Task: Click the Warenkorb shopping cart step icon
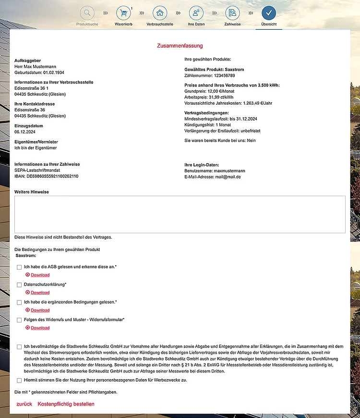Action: (123, 12)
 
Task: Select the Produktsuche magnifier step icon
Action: (87, 12)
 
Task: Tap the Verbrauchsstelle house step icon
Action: (160, 12)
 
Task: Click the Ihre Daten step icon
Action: (196, 12)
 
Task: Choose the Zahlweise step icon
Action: (232, 12)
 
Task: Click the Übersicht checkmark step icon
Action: (269, 12)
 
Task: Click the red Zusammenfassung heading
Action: (180, 46)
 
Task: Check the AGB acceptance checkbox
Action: (19, 267)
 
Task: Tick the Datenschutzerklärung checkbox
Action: (19, 285)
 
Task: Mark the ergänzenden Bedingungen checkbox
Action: (19, 302)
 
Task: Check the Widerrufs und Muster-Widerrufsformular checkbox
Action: (19, 320)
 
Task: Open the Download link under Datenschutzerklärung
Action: (40, 292)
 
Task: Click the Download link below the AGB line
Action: (40, 275)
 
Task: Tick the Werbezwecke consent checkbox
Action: (19, 380)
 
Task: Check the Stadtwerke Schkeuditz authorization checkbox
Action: (19, 346)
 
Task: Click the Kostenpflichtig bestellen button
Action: (66, 404)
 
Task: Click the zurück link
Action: (24, 404)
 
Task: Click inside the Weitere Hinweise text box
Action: (180, 214)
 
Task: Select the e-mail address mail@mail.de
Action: (228, 177)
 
